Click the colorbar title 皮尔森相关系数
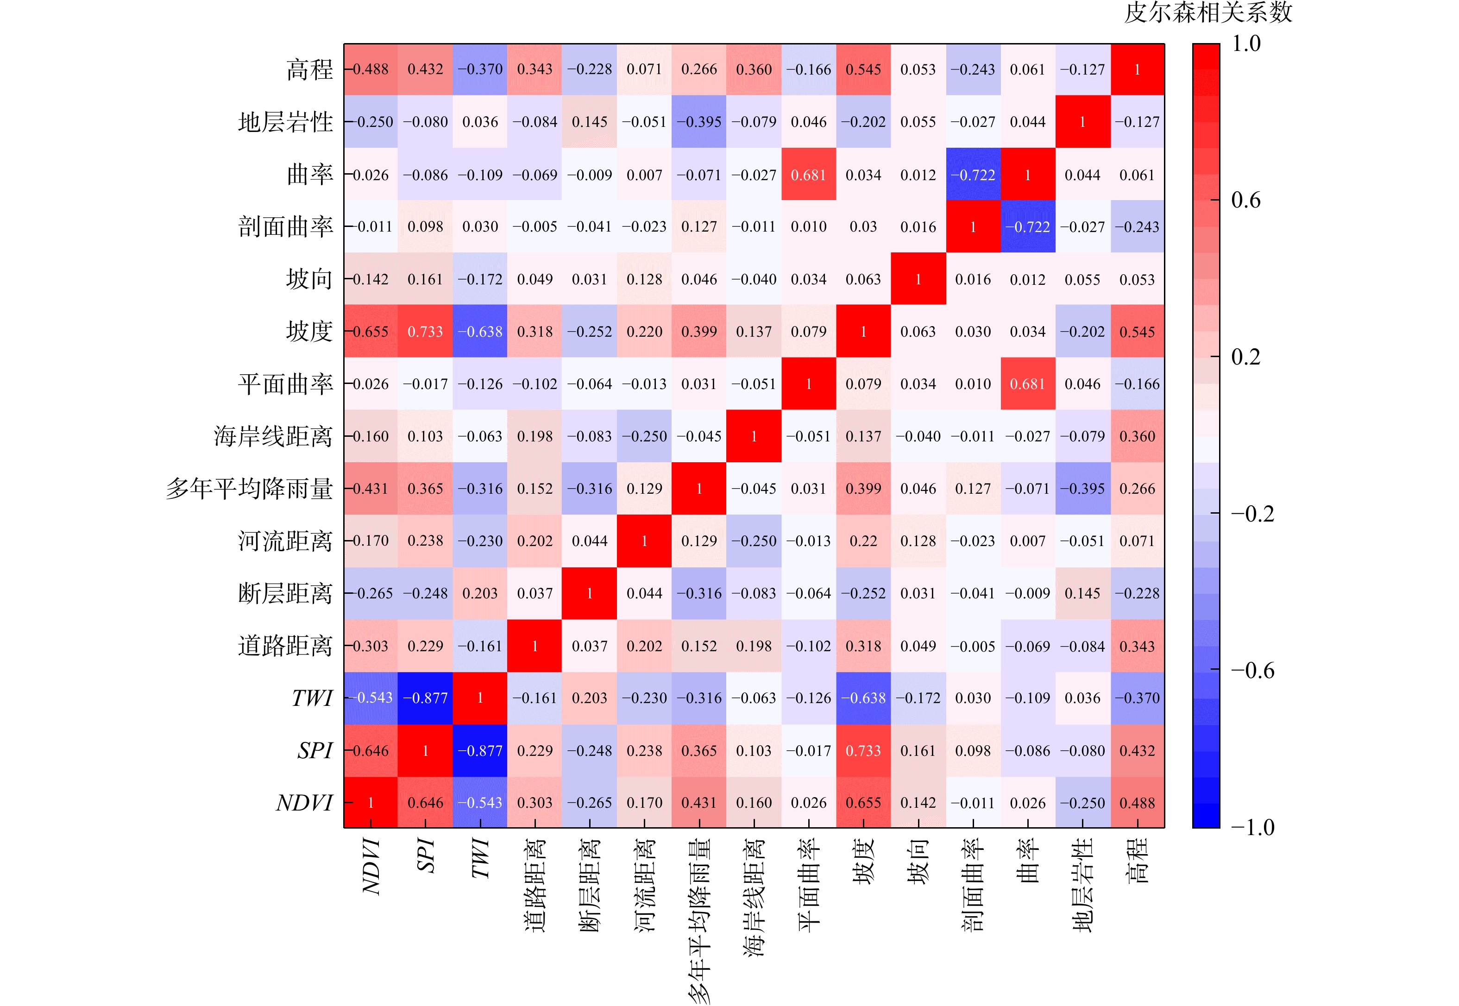[1207, 13]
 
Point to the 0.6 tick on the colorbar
[1245, 201]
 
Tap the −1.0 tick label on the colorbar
[1252, 827]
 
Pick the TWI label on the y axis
[312, 698]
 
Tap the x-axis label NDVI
[371, 866]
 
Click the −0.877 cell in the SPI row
[480, 751]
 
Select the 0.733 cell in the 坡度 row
[425, 332]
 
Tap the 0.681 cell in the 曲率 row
[809, 175]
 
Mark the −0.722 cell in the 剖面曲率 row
[1027, 227]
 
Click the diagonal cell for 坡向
[918, 279]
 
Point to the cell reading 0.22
[863, 541]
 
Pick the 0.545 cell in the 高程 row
[863, 69]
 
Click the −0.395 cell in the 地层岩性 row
[699, 122]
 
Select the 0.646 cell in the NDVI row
[425, 803]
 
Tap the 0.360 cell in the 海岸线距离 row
[1137, 436]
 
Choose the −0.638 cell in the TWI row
[863, 698]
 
